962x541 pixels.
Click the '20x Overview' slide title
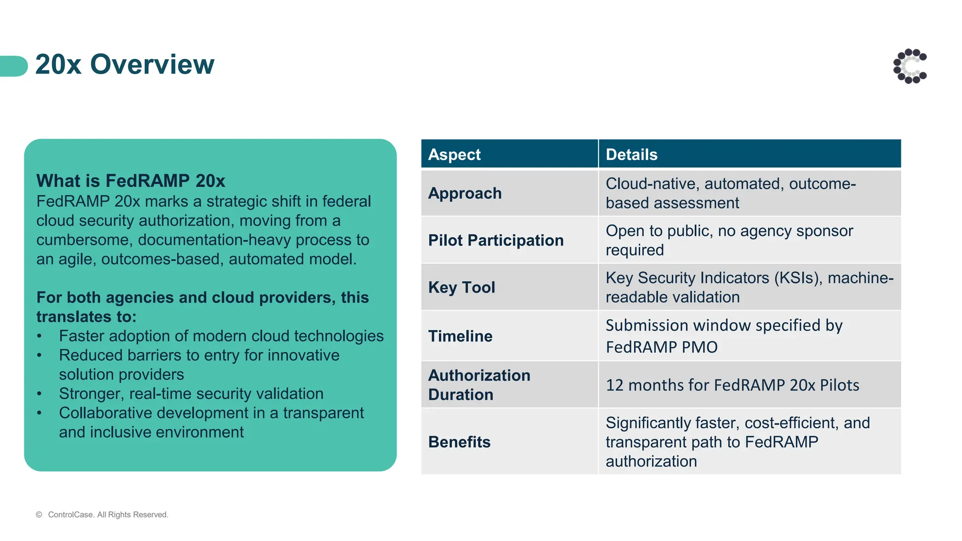click(x=124, y=64)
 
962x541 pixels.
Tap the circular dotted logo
click(x=910, y=66)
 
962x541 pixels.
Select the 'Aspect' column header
click(x=454, y=155)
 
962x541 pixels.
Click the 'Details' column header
click(x=631, y=155)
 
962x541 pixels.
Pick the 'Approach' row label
click(x=465, y=193)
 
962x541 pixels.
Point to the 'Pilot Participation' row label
click(x=496, y=240)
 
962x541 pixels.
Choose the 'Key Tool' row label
click(x=461, y=287)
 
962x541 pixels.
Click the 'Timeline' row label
click(x=460, y=336)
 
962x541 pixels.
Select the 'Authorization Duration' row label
click(x=479, y=385)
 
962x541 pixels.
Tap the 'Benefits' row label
click(x=459, y=442)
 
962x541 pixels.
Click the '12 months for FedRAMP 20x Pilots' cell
click(x=732, y=385)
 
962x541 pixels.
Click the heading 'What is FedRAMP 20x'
click(x=131, y=181)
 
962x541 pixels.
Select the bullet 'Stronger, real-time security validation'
click(x=191, y=394)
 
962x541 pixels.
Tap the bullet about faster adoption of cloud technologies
click(x=221, y=336)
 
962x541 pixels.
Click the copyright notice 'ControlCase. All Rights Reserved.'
click(x=108, y=515)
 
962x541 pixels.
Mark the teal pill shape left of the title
click(x=14, y=66)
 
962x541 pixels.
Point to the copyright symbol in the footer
click(x=39, y=515)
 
